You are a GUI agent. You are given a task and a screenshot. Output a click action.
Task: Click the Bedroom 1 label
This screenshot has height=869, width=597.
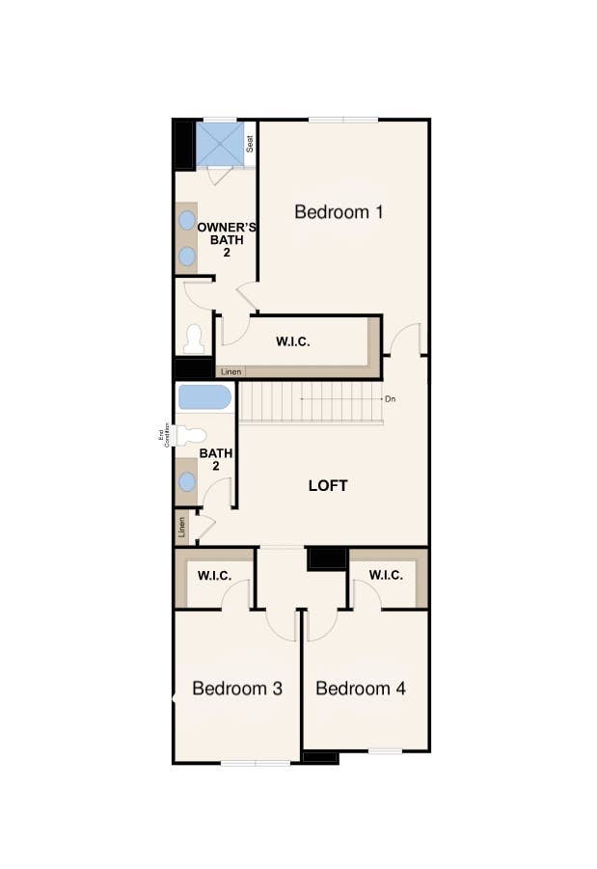click(339, 212)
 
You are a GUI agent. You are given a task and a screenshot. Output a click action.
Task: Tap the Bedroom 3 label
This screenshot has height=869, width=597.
click(236, 689)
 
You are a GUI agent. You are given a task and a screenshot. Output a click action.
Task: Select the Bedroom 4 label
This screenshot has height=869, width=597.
click(360, 689)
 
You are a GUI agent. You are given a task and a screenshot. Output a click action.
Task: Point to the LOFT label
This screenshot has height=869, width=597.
click(328, 485)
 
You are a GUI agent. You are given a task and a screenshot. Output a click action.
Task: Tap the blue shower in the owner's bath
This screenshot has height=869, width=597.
click(220, 144)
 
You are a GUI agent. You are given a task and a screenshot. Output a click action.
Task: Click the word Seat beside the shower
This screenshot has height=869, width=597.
click(250, 144)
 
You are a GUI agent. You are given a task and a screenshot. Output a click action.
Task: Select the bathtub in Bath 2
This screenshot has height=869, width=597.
click(204, 397)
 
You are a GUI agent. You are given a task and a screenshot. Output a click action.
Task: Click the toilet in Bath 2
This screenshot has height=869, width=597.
click(190, 435)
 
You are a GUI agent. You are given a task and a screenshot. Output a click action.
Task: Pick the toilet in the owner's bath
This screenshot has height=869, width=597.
click(194, 339)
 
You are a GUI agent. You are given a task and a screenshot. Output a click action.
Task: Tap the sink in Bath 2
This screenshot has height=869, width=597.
click(187, 481)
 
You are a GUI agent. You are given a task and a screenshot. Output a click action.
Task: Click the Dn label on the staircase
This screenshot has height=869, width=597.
click(390, 398)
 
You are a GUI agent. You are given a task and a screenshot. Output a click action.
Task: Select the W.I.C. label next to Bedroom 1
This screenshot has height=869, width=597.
click(293, 341)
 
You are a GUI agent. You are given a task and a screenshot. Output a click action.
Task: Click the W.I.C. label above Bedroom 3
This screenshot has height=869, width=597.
click(214, 576)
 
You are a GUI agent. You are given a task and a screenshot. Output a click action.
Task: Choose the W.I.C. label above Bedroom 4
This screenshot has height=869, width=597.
click(385, 576)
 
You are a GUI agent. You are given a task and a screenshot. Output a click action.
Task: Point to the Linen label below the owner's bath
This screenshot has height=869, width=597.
click(231, 371)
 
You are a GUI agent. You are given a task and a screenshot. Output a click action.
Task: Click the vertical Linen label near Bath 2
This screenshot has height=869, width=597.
click(181, 529)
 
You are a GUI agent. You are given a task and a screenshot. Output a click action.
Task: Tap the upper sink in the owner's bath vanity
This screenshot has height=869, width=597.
click(186, 221)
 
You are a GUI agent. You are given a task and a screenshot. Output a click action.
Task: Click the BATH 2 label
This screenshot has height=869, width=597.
click(216, 459)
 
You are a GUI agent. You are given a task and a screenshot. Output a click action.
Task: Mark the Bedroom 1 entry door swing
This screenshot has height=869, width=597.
click(407, 338)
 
